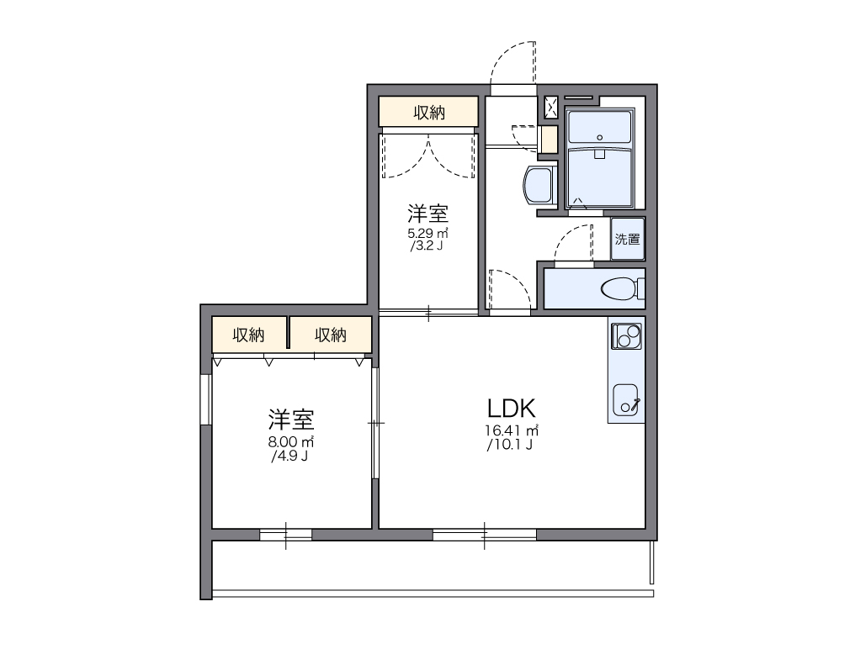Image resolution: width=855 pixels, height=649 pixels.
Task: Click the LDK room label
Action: click(511, 408)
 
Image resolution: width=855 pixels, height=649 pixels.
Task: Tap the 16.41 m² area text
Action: click(512, 430)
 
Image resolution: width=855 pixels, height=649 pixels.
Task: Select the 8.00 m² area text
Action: click(290, 441)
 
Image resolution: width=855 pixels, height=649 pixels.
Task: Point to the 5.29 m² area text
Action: click(427, 234)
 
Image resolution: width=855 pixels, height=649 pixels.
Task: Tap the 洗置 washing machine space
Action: click(628, 239)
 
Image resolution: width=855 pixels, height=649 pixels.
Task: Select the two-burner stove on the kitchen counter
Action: click(627, 335)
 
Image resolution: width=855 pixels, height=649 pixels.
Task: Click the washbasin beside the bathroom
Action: click(539, 185)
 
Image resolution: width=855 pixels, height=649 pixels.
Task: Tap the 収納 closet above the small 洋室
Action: click(428, 112)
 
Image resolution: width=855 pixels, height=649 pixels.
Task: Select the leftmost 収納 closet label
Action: click(248, 335)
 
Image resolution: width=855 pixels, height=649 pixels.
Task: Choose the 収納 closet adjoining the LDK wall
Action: click(331, 334)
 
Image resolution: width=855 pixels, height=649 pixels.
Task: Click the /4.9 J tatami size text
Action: click(289, 456)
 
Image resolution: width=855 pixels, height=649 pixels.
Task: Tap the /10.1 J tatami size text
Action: click(510, 444)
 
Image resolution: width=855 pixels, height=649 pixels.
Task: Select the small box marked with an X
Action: click(550, 108)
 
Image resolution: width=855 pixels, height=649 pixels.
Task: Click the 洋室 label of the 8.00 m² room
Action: click(290, 419)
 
